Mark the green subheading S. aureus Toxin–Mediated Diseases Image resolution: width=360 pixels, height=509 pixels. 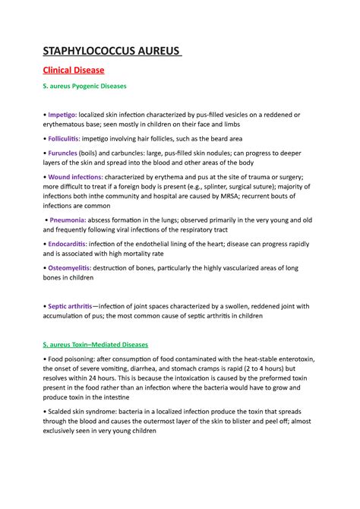coord(95,344)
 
